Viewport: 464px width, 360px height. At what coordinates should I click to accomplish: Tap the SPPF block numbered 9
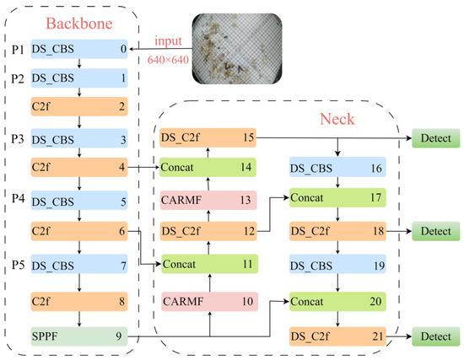78,336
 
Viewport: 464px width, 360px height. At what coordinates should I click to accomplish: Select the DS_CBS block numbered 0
78,50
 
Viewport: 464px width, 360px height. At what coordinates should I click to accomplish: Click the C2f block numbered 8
78,298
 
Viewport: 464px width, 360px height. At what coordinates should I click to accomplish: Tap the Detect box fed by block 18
436,230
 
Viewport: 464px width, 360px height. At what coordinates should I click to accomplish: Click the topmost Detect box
436,137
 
